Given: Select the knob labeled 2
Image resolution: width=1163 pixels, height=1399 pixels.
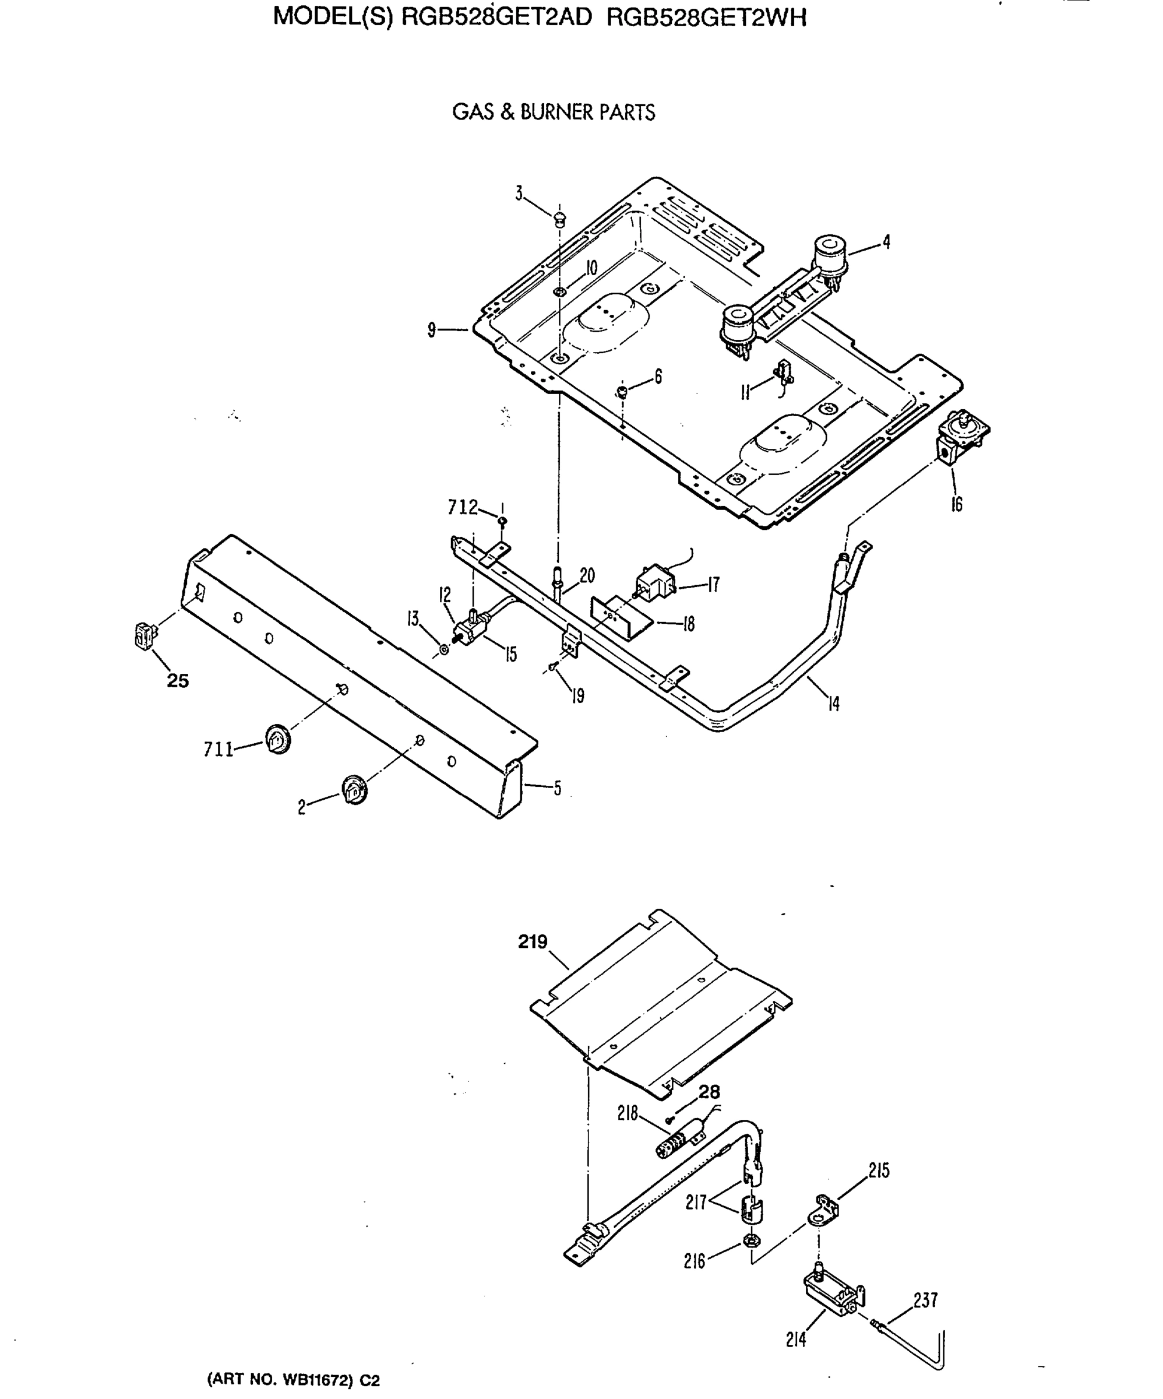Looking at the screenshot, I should tap(353, 790).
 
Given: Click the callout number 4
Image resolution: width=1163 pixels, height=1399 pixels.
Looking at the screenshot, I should tap(886, 242).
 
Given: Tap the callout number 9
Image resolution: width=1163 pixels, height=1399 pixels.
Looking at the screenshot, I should tap(432, 329).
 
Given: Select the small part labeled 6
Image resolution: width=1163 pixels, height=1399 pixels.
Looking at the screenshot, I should tap(622, 391).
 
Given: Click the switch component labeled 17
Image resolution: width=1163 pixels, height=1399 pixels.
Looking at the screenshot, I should tap(655, 583).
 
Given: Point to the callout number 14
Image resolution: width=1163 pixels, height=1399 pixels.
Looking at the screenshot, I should tap(833, 704).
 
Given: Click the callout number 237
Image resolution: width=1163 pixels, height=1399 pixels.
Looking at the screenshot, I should tap(925, 1300).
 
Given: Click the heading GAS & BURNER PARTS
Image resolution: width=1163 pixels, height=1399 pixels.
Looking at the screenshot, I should tap(554, 112).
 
